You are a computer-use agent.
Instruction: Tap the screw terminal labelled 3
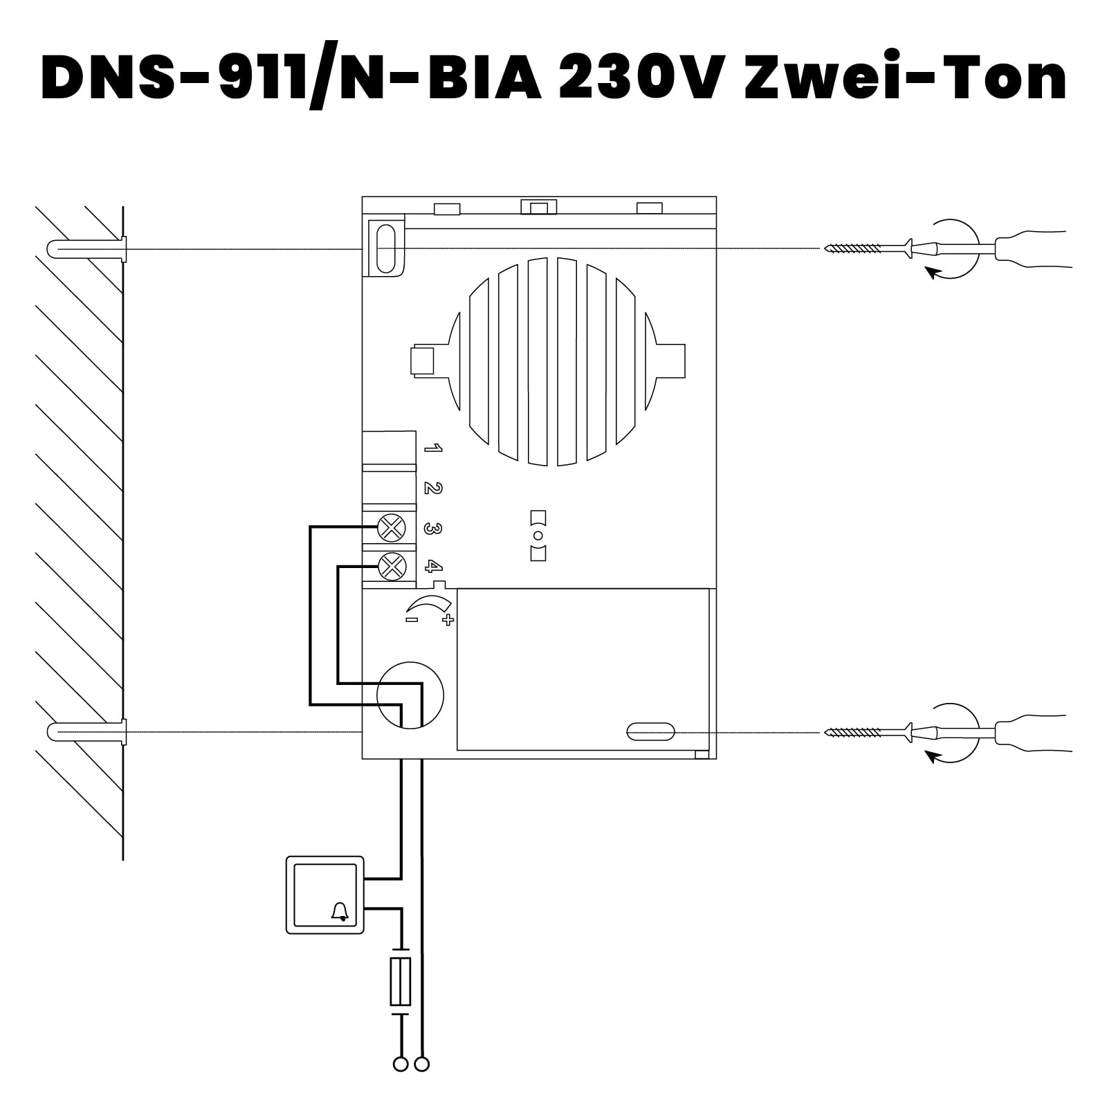click(x=392, y=529)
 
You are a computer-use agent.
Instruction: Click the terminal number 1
click(x=433, y=449)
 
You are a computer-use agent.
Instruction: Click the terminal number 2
click(x=433, y=488)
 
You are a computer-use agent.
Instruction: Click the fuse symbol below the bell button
click(x=401, y=981)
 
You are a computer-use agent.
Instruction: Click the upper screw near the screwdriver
click(x=858, y=248)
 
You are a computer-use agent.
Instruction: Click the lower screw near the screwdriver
click(x=858, y=731)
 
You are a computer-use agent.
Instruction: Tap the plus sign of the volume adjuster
click(x=448, y=620)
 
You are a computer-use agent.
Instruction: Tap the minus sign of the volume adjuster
click(x=412, y=620)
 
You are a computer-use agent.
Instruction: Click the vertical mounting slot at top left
click(x=385, y=248)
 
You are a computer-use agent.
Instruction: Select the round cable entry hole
click(x=410, y=695)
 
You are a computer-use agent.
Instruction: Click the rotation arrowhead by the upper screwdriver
click(x=934, y=275)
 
